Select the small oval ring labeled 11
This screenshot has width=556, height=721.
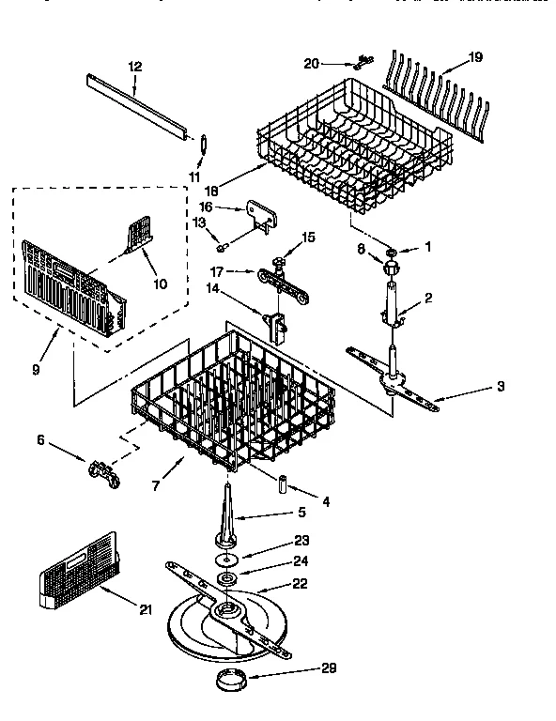tap(201, 143)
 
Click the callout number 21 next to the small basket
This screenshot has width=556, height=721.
tap(145, 610)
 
